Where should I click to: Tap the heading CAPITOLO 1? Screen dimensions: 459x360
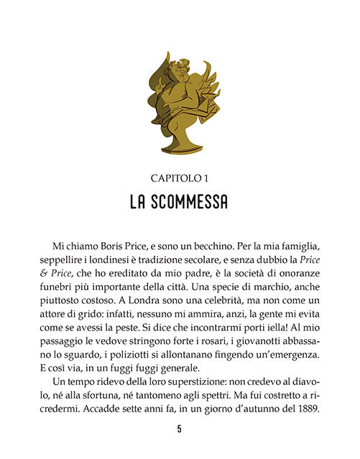(179, 177)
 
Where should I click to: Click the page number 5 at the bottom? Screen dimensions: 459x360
(179, 430)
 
